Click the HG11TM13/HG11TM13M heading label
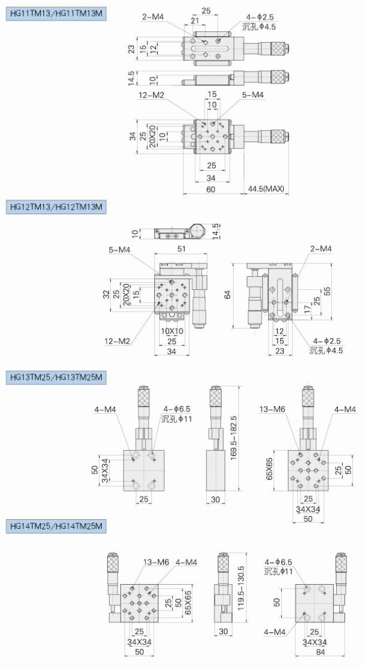click(x=56, y=14)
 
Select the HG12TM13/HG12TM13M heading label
click(x=56, y=207)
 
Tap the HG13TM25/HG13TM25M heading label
click(x=56, y=377)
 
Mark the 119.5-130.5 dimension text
click(x=241, y=583)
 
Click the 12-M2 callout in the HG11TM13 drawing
click(x=151, y=96)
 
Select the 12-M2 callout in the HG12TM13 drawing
click(x=117, y=341)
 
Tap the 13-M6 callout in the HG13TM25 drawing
click(x=272, y=410)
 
